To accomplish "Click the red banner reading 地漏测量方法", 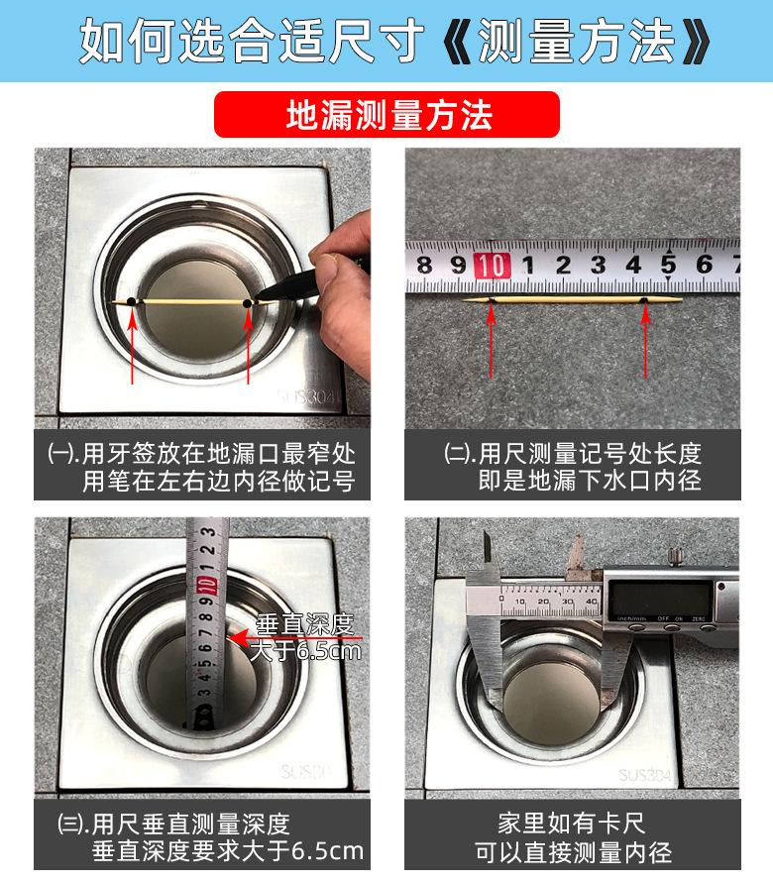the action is click(386, 115).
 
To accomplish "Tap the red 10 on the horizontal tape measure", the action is click(492, 266).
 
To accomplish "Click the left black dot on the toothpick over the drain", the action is click(131, 302).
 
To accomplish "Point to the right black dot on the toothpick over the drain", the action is click(247, 304).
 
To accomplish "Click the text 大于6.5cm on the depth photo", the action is click(305, 651).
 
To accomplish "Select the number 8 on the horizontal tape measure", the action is click(425, 265).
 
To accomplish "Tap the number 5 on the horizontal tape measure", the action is click(668, 265).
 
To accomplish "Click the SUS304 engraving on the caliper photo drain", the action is click(645, 775).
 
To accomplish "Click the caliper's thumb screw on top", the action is click(675, 555).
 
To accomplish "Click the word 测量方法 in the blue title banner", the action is click(575, 41).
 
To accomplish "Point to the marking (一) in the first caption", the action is click(61, 453).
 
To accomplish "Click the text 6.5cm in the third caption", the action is click(327, 851).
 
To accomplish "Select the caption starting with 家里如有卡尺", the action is click(573, 837).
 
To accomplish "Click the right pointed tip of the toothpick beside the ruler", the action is click(682, 300).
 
